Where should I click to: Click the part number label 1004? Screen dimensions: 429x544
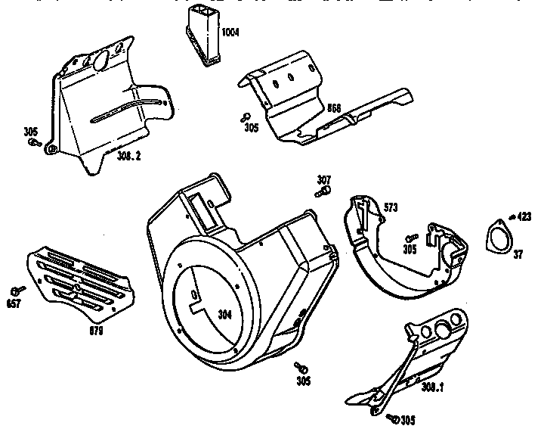coord(230,33)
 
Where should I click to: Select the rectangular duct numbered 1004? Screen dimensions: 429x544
coord(205,35)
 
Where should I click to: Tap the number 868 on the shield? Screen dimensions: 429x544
coord(333,107)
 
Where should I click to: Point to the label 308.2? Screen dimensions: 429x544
coord(128,156)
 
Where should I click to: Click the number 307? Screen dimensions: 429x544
coord(323,179)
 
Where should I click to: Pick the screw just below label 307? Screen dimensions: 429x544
coord(320,191)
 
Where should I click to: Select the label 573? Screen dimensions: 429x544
coord(391,207)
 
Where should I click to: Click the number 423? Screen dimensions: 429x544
coord(523,216)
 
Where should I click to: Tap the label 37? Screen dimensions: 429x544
coord(518,255)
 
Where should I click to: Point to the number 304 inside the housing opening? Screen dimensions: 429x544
coord(224,315)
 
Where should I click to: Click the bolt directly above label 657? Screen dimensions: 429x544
coord(17,291)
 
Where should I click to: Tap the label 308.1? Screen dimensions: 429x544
coord(432,387)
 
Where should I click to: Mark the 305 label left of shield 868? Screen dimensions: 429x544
coord(252,128)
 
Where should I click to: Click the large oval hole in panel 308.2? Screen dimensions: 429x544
coord(97,61)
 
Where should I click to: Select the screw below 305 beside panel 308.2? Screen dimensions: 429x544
coord(33,141)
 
